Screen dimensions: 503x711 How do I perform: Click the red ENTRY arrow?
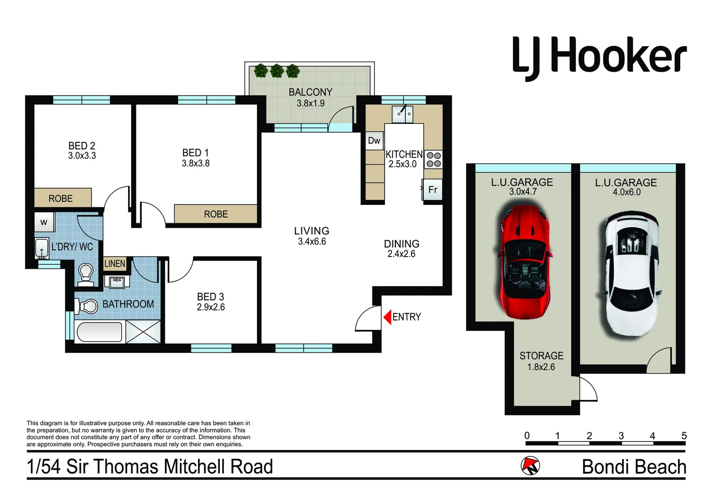pos(387,317)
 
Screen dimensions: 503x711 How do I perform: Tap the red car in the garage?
pos(523,263)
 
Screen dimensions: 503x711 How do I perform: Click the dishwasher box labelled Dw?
pos(374,141)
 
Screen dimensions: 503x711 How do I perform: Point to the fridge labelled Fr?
pos(433,190)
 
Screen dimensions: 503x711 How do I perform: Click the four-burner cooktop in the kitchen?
pos(433,160)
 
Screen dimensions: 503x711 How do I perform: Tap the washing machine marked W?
pos(44,222)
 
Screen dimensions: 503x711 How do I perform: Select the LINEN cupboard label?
pos(115,264)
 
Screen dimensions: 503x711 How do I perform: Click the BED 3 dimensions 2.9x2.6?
pos(210,307)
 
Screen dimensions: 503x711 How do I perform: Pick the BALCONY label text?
pos(311,92)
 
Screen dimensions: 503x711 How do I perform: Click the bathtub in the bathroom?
pos(99,332)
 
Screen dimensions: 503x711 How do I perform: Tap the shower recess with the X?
pos(143,332)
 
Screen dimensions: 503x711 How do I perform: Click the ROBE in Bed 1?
pos(216,214)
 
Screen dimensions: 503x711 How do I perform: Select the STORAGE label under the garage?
pos(541,356)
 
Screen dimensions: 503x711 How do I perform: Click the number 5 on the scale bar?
pos(684,436)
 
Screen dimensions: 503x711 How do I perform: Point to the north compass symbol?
pos(530,465)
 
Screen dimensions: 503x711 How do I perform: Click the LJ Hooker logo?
pos(599,57)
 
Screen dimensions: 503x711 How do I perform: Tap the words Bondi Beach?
pos(634,467)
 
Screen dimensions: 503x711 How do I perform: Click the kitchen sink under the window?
pos(402,114)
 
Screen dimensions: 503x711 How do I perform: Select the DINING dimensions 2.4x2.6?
pos(401,254)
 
